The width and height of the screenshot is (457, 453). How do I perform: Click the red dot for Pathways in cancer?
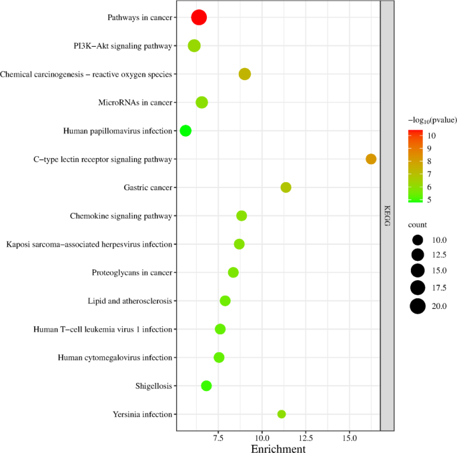click(199, 17)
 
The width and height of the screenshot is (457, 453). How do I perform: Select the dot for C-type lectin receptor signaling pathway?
click(371, 159)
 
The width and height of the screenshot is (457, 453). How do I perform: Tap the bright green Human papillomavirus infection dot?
click(185, 131)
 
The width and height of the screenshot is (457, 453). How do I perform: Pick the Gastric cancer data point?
click(286, 187)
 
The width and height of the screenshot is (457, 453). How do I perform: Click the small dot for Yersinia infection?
click(282, 414)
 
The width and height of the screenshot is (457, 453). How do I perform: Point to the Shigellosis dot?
click(206, 386)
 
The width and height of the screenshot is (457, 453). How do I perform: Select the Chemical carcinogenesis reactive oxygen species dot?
click(245, 74)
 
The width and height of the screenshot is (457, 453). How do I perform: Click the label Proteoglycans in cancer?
click(132, 273)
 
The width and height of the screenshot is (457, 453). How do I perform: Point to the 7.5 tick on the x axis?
click(218, 438)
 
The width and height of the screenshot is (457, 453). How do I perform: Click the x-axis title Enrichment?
click(278, 448)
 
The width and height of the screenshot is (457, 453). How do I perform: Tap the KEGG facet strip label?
click(387, 216)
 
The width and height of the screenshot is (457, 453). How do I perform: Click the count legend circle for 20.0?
click(418, 306)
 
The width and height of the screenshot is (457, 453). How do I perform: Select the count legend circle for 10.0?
click(418, 240)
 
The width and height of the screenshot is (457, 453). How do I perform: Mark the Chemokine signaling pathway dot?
click(242, 215)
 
